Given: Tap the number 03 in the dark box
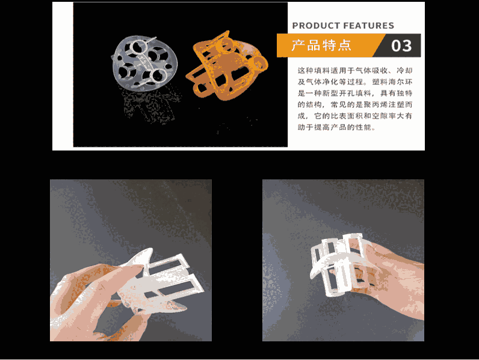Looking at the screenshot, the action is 401,46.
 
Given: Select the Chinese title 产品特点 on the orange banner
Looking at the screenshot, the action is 321,46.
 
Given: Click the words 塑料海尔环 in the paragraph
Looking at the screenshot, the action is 392,82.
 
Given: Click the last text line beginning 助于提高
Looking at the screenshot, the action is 336,127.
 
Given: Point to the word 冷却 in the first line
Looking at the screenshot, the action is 404,70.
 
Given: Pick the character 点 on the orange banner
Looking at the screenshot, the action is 345,46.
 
